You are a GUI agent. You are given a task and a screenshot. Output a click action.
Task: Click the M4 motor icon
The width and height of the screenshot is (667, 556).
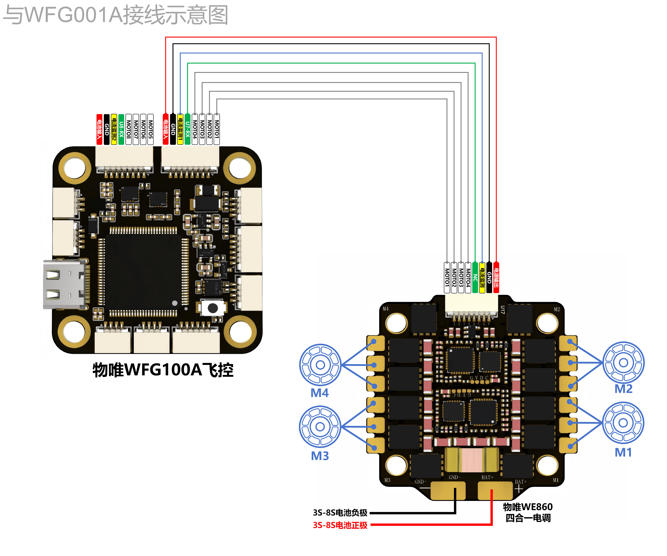[x=320, y=365]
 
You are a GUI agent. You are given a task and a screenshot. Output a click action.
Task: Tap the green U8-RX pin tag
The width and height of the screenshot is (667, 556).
[x=121, y=129]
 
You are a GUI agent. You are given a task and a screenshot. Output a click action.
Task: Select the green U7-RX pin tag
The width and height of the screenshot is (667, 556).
[x=187, y=129]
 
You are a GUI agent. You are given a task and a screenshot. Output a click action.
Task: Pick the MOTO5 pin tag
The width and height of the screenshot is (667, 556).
[x=151, y=129]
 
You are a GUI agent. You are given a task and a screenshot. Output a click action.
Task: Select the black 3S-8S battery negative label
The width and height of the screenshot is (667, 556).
[x=340, y=512]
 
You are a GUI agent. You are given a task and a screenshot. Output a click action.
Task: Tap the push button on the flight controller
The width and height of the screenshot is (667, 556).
[x=213, y=308]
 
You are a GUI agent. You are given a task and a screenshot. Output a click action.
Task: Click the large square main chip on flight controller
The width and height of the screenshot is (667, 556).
[x=143, y=272]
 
